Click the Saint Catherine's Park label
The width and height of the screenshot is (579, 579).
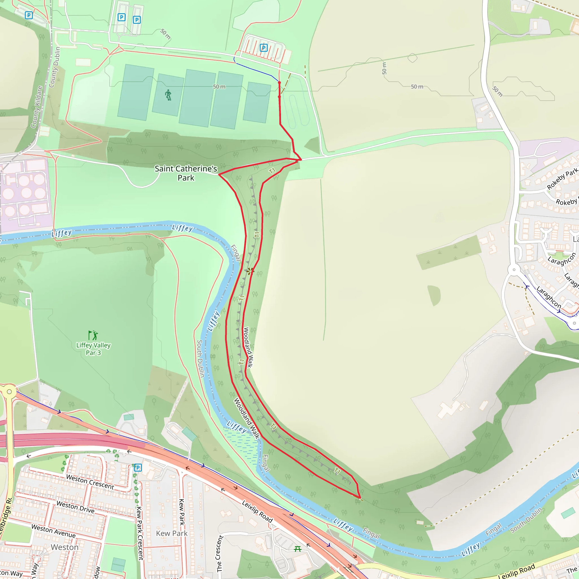tap(186, 173)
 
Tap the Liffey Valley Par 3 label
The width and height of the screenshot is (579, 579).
tap(93, 349)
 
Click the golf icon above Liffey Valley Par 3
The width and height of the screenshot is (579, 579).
tap(93, 335)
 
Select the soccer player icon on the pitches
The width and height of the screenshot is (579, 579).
tap(168, 95)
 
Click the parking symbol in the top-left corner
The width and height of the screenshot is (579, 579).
tap(29, 15)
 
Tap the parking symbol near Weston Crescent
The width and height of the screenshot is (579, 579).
tap(138, 468)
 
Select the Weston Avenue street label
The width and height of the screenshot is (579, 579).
tap(53, 530)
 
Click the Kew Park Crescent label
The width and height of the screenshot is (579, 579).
tap(139, 533)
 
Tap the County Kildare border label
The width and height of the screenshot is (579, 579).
tap(36, 107)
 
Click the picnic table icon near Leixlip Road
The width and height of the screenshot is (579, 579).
tap(298, 548)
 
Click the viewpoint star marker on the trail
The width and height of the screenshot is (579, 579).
tap(250, 271)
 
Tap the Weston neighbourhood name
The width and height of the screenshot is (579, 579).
tap(64, 547)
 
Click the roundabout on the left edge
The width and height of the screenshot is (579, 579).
tap(9, 391)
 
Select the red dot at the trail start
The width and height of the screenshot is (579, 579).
tap(279, 83)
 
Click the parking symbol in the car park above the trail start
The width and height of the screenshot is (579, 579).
tap(263, 48)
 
